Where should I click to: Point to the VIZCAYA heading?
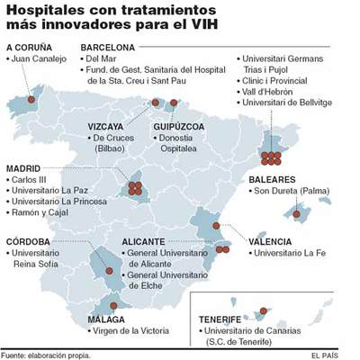pos(112,126)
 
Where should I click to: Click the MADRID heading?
pos(24,168)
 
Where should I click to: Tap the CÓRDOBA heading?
pos(31,241)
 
